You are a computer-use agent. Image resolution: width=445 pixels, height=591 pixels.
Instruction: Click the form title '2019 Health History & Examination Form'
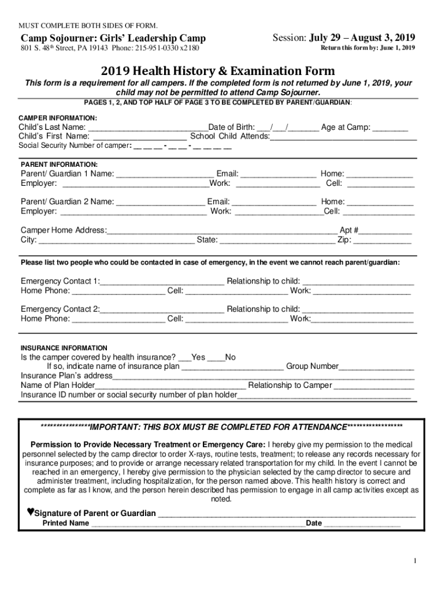click(218, 72)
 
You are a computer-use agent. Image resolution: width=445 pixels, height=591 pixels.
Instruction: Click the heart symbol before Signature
click(31, 512)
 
